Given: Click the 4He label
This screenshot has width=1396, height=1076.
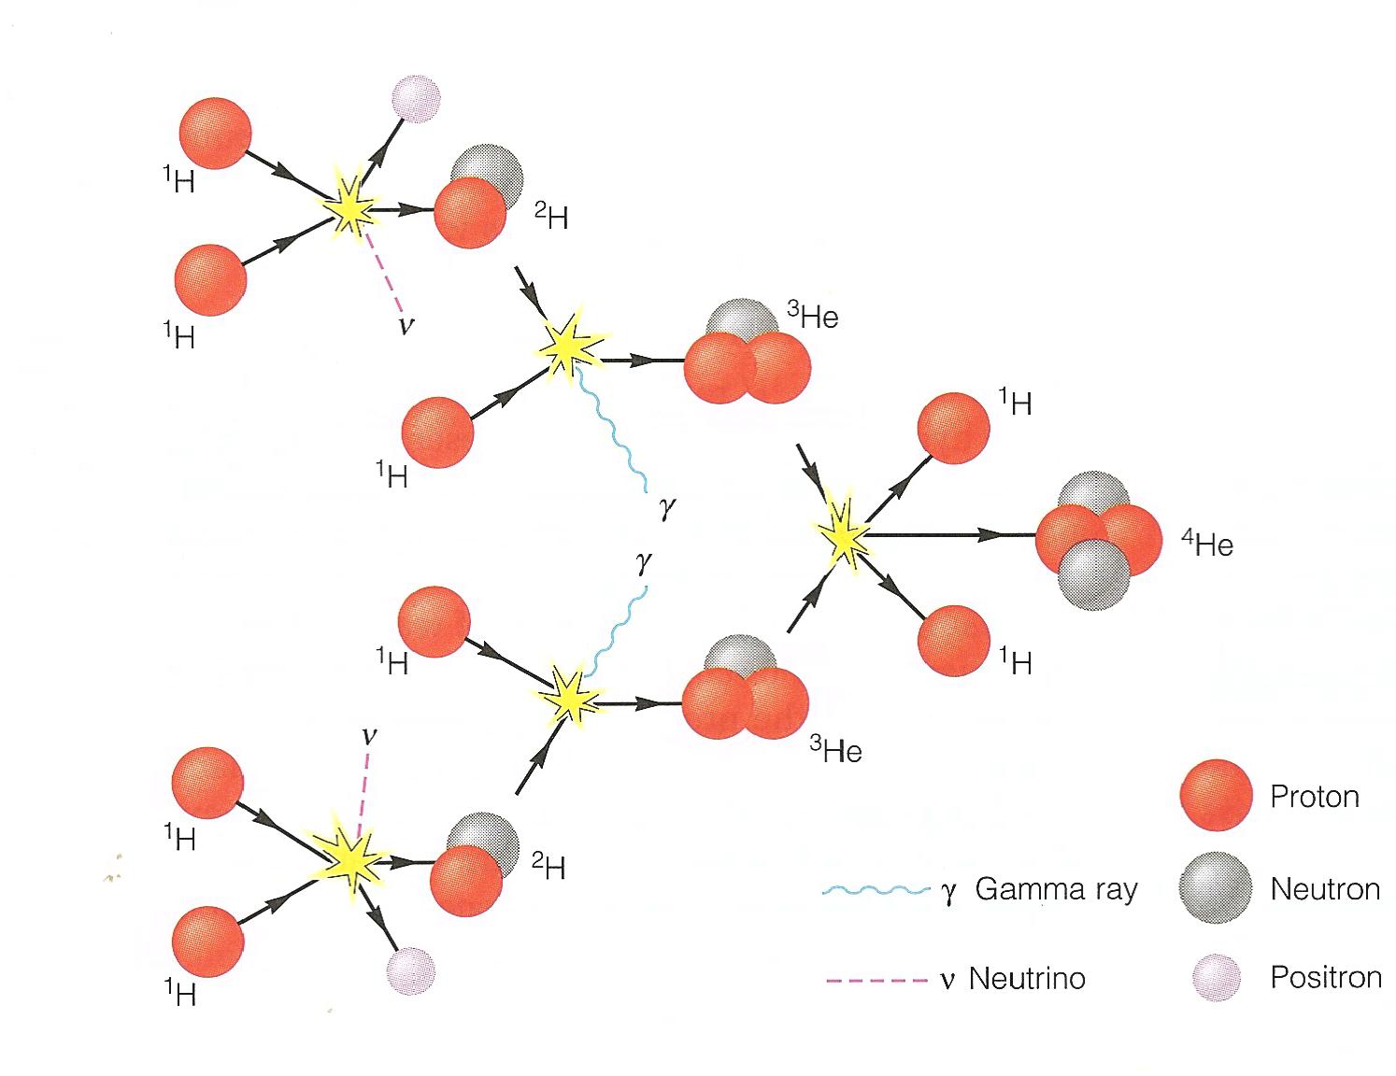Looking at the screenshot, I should [x=1207, y=544].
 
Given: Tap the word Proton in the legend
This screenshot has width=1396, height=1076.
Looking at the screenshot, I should [x=1314, y=797].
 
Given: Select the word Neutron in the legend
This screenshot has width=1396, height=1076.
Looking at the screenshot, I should [x=1325, y=889].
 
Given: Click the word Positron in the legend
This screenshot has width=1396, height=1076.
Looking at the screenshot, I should [x=1325, y=978].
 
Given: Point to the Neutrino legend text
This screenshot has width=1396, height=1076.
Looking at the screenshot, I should [x=1027, y=979].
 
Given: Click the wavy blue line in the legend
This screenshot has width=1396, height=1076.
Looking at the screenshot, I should [x=876, y=891].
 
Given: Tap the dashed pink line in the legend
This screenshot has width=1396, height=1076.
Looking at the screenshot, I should [x=876, y=980].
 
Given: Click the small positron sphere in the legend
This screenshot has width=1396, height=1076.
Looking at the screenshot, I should [x=1218, y=978].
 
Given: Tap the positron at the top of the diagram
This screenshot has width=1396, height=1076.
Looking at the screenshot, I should [x=414, y=98].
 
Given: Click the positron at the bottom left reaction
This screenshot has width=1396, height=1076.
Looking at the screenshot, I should [x=411, y=971].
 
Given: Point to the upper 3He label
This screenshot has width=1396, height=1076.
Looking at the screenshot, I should [x=812, y=317].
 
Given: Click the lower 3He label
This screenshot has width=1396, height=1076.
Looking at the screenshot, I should [x=835, y=750].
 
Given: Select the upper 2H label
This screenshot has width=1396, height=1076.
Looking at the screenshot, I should [x=550, y=218].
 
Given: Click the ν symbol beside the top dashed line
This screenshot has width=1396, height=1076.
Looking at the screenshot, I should [x=406, y=326].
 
